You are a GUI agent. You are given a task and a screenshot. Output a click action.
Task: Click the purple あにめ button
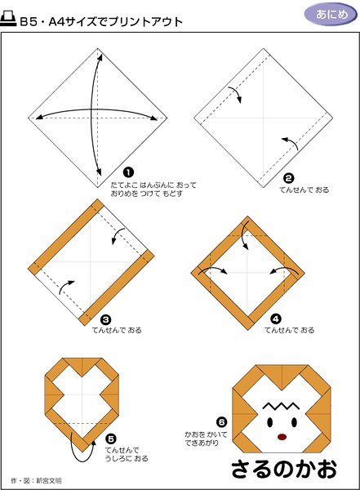331,15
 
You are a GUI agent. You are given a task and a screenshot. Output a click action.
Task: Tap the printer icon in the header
8,19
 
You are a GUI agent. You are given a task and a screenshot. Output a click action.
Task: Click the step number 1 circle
128,172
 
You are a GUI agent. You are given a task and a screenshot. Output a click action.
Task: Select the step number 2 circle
288,178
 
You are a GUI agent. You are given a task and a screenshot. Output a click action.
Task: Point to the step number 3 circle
105,319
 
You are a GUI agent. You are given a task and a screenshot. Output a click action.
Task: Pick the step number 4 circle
276,319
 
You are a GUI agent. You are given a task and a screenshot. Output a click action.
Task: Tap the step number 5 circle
111,439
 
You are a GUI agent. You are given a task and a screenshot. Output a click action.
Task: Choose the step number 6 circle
221,422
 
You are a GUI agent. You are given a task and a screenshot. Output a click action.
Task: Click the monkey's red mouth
282,437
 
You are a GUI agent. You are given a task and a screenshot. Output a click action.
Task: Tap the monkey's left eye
270,423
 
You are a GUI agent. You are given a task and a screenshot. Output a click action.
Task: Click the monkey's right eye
295,423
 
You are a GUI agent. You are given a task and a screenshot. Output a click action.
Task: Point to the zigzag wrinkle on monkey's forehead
281,406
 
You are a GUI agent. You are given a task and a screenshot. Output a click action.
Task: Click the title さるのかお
284,469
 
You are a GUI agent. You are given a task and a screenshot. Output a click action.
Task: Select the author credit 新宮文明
48,481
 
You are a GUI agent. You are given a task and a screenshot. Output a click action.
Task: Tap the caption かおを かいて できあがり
206,439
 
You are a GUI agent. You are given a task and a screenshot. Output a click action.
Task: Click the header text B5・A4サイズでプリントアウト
101,21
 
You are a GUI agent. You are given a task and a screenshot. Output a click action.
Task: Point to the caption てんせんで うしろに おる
127,454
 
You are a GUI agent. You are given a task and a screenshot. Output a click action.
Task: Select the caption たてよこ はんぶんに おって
153,185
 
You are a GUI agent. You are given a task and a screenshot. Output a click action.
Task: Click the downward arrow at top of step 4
244,234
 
